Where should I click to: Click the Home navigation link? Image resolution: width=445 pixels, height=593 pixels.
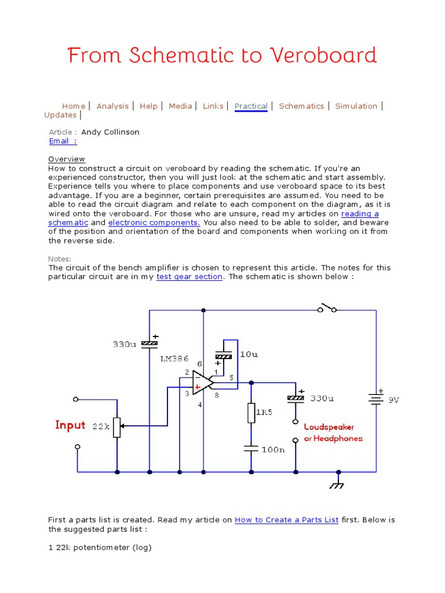(74, 106)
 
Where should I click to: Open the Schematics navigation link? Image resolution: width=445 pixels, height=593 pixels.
(301, 106)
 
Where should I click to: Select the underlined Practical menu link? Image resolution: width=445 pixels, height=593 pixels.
(251, 106)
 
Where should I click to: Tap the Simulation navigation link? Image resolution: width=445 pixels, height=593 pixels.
(356, 106)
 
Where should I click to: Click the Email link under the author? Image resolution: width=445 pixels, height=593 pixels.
(63, 141)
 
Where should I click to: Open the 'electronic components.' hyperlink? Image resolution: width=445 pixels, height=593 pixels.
(154, 222)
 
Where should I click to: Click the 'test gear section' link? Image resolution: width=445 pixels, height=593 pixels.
(189, 277)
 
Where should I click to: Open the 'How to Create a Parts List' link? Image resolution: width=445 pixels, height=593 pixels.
(286, 520)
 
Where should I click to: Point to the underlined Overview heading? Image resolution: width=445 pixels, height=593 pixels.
(67, 159)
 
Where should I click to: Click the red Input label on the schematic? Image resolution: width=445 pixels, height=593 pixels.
(70, 426)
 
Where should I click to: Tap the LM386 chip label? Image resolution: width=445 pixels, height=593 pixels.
(174, 359)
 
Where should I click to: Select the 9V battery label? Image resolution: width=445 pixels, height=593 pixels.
(394, 400)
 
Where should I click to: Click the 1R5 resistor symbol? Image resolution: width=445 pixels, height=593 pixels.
(251, 413)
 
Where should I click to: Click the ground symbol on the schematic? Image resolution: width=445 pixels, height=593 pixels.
(336, 484)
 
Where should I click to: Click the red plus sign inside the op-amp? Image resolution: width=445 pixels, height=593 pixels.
(198, 386)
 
